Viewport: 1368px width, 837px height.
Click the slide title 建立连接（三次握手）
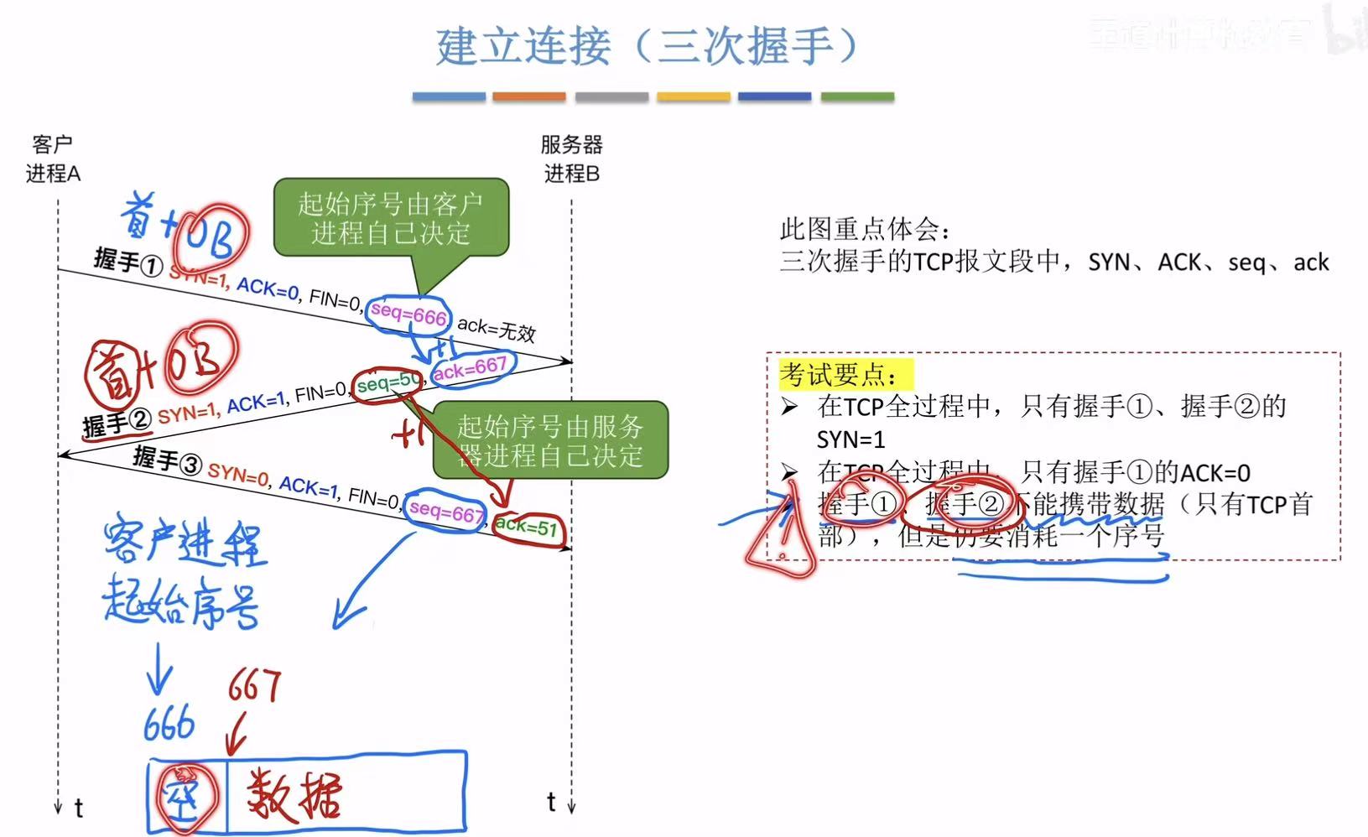point(647,46)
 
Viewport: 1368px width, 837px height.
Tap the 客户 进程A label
point(53,159)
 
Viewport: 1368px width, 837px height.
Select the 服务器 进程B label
point(571,159)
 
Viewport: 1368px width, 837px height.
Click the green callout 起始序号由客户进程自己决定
point(391,217)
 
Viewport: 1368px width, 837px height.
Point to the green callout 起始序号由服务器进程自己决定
point(550,440)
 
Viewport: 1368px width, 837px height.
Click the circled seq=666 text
point(408,315)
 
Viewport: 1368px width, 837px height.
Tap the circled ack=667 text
point(470,367)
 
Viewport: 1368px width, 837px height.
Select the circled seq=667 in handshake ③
point(445,511)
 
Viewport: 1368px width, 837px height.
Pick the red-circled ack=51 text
point(527,528)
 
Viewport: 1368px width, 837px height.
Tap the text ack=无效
point(497,329)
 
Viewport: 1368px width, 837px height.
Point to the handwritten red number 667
point(254,686)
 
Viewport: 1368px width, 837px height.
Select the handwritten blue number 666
point(169,724)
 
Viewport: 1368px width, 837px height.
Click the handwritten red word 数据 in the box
point(294,794)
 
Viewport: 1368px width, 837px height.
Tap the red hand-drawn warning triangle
point(780,541)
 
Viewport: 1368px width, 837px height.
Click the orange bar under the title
point(528,97)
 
